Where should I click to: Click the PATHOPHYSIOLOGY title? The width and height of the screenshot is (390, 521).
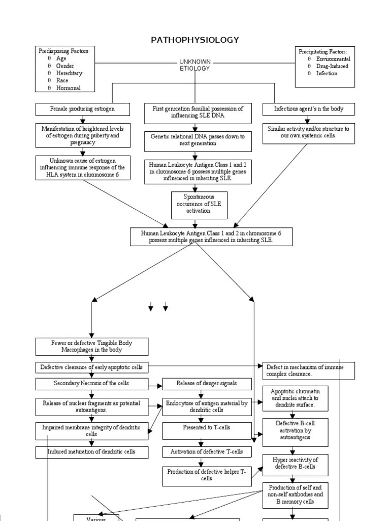click(195, 40)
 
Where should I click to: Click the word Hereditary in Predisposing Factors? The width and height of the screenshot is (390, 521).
click(69, 73)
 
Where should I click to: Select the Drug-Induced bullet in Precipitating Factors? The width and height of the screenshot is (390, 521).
click(333, 66)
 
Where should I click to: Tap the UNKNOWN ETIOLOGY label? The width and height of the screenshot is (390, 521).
click(195, 65)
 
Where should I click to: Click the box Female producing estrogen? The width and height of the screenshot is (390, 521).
click(82, 109)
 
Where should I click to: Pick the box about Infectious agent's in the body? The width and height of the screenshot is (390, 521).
click(308, 109)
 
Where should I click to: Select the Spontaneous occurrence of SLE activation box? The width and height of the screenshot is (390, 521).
click(199, 204)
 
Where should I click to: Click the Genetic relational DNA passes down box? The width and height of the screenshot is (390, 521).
click(198, 140)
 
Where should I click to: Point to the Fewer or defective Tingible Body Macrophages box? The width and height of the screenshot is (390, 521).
click(92, 346)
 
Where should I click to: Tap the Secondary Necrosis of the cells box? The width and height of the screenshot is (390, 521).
click(91, 383)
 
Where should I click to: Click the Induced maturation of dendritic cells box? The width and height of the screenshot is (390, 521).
click(91, 452)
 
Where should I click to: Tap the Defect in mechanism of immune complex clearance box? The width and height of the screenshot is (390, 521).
click(308, 371)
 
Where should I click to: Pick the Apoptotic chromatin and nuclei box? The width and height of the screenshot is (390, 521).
click(295, 398)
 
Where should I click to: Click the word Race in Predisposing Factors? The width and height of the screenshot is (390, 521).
click(62, 80)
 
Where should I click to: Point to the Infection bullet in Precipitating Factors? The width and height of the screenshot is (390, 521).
click(327, 73)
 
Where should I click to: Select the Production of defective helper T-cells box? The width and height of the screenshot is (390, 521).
click(206, 475)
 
